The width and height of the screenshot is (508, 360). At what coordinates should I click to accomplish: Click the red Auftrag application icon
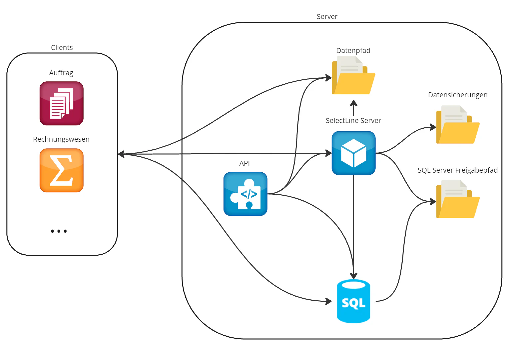click(x=62, y=103)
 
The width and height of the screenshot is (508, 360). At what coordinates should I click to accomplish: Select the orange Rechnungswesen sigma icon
click(x=62, y=170)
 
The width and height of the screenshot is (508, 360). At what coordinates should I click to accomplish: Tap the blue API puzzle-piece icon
click(x=245, y=194)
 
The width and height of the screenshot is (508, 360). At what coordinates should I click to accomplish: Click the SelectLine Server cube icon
click(x=353, y=153)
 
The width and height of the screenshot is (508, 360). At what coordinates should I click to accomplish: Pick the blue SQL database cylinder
click(x=353, y=301)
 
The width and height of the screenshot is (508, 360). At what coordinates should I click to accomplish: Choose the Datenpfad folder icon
click(x=353, y=76)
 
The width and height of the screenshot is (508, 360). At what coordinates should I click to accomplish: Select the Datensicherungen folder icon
click(x=458, y=125)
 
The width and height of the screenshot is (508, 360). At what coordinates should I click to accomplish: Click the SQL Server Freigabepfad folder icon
click(x=458, y=199)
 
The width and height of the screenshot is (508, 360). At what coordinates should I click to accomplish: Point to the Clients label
click(x=62, y=48)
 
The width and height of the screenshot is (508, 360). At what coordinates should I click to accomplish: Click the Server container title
click(x=327, y=17)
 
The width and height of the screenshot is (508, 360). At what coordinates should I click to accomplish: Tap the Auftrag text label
click(x=61, y=73)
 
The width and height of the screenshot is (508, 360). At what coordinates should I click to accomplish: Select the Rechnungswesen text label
click(x=61, y=139)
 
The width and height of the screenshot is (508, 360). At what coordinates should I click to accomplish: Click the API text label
click(x=245, y=163)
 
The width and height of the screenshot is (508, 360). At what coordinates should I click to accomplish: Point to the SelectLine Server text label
click(x=353, y=121)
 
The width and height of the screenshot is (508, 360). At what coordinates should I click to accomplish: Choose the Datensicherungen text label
click(x=458, y=95)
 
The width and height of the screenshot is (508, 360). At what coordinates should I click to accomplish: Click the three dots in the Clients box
click(x=59, y=231)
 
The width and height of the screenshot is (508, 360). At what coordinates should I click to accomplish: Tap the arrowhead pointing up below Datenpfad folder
click(x=353, y=102)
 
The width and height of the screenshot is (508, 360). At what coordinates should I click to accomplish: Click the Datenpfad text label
click(x=353, y=51)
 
